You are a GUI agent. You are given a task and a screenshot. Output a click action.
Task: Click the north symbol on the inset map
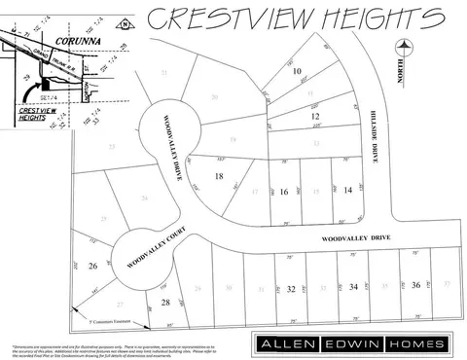pos(123,23)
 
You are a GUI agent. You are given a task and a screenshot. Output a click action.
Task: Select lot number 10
pos(298,71)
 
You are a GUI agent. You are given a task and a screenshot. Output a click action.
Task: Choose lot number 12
pos(314,117)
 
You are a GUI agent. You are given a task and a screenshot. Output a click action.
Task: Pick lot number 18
pos(219,176)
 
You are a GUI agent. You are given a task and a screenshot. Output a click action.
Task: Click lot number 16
pos(284,193)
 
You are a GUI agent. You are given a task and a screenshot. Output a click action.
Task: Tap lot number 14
pos(347,191)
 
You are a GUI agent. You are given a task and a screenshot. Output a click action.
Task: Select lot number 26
pos(93,266)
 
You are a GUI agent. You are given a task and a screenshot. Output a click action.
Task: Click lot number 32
pos(291,289)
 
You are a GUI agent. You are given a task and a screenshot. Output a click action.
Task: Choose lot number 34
pos(353,287)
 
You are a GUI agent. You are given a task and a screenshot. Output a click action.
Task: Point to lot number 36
pos(415,284)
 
